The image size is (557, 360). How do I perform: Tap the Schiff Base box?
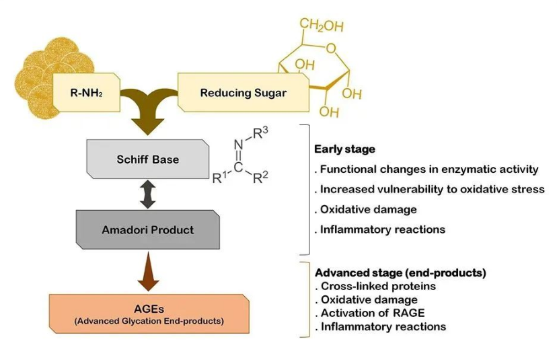pyautogui.click(x=149, y=160)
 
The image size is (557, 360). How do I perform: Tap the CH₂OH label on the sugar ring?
pyautogui.click(x=321, y=26)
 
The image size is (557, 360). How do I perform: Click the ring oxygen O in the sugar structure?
pyautogui.click(x=330, y=46)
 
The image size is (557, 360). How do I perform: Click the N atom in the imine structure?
pyautogui.click(x=238, y=143)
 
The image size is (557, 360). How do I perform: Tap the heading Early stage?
pyautogui.click(x=345, y=149)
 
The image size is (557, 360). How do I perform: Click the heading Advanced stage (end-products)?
pyautogui.click(x=400, y=273)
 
